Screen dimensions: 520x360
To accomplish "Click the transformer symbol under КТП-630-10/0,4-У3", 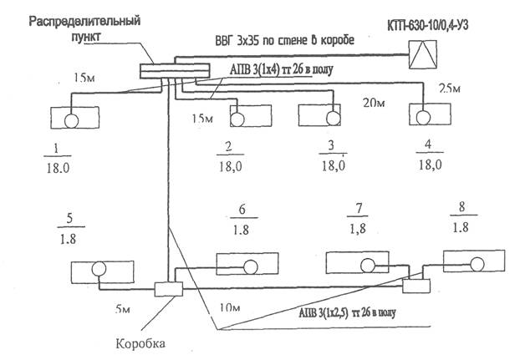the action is click(422, 54).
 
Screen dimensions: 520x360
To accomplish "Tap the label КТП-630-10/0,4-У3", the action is click(428, 26).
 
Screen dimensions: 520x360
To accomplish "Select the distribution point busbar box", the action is click(175, 71).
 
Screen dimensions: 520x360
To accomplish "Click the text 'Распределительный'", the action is click(84, 21).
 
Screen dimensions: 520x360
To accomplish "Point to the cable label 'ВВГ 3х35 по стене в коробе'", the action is click(285, 40).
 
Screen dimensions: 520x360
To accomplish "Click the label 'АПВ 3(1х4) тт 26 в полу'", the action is click(281, 69).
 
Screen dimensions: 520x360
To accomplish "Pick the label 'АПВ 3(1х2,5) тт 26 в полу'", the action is click(347, 312).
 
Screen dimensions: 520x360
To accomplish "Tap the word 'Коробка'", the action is click(140, 343).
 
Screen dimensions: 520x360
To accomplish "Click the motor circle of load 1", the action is click(71, 121).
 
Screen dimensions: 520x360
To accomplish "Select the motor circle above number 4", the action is click(423, 118).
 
